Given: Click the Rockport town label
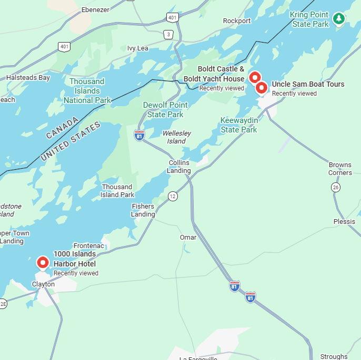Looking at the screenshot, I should (237, 21).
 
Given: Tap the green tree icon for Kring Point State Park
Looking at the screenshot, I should (340, 19).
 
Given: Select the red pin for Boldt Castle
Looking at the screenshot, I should (255, 78).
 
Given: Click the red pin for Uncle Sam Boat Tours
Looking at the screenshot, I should (262, 88).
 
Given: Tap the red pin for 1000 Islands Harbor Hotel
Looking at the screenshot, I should (43, 262).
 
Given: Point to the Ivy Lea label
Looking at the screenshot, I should (138, 48).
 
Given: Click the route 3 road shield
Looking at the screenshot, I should (168, 35).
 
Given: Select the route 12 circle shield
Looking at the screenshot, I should (173, 197).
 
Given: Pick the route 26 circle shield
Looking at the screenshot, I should (336, 188).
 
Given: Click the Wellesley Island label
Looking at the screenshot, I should (176, 137).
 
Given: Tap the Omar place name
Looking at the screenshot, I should (188, 238).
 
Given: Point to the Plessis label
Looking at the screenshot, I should (344, 222).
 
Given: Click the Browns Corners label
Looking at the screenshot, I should (340, 169).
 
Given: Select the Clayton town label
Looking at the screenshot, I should (43, 284).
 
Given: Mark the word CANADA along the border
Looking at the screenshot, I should (62, 128).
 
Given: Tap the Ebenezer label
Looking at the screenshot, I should (95, 10).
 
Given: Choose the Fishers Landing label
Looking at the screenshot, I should (143, 210).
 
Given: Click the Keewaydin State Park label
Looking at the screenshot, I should (239, 125).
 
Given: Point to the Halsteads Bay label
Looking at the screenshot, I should (28, 78).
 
